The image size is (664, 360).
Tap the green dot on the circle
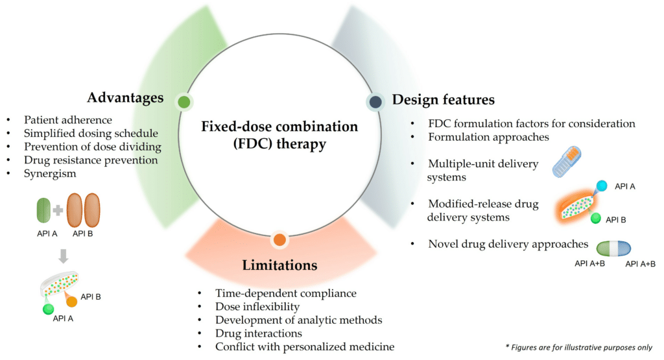click(x=184, y=101)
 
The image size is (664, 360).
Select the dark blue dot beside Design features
click(x=375, y=101)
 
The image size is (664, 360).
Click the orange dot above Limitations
click(x=279, y=239)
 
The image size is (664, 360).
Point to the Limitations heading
click(x=279, y=265)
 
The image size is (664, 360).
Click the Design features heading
click(x=444, y=100)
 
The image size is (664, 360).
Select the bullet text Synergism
click(x=50, y=174)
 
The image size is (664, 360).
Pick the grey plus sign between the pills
click(x=58, y=210)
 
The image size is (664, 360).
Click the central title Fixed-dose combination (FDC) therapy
click(x=279, y=134)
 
